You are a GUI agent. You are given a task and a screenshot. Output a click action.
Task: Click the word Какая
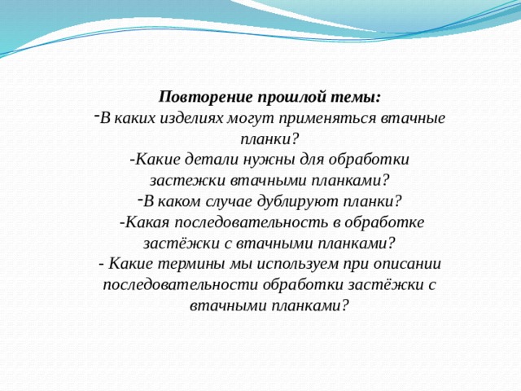pos(145,222)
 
